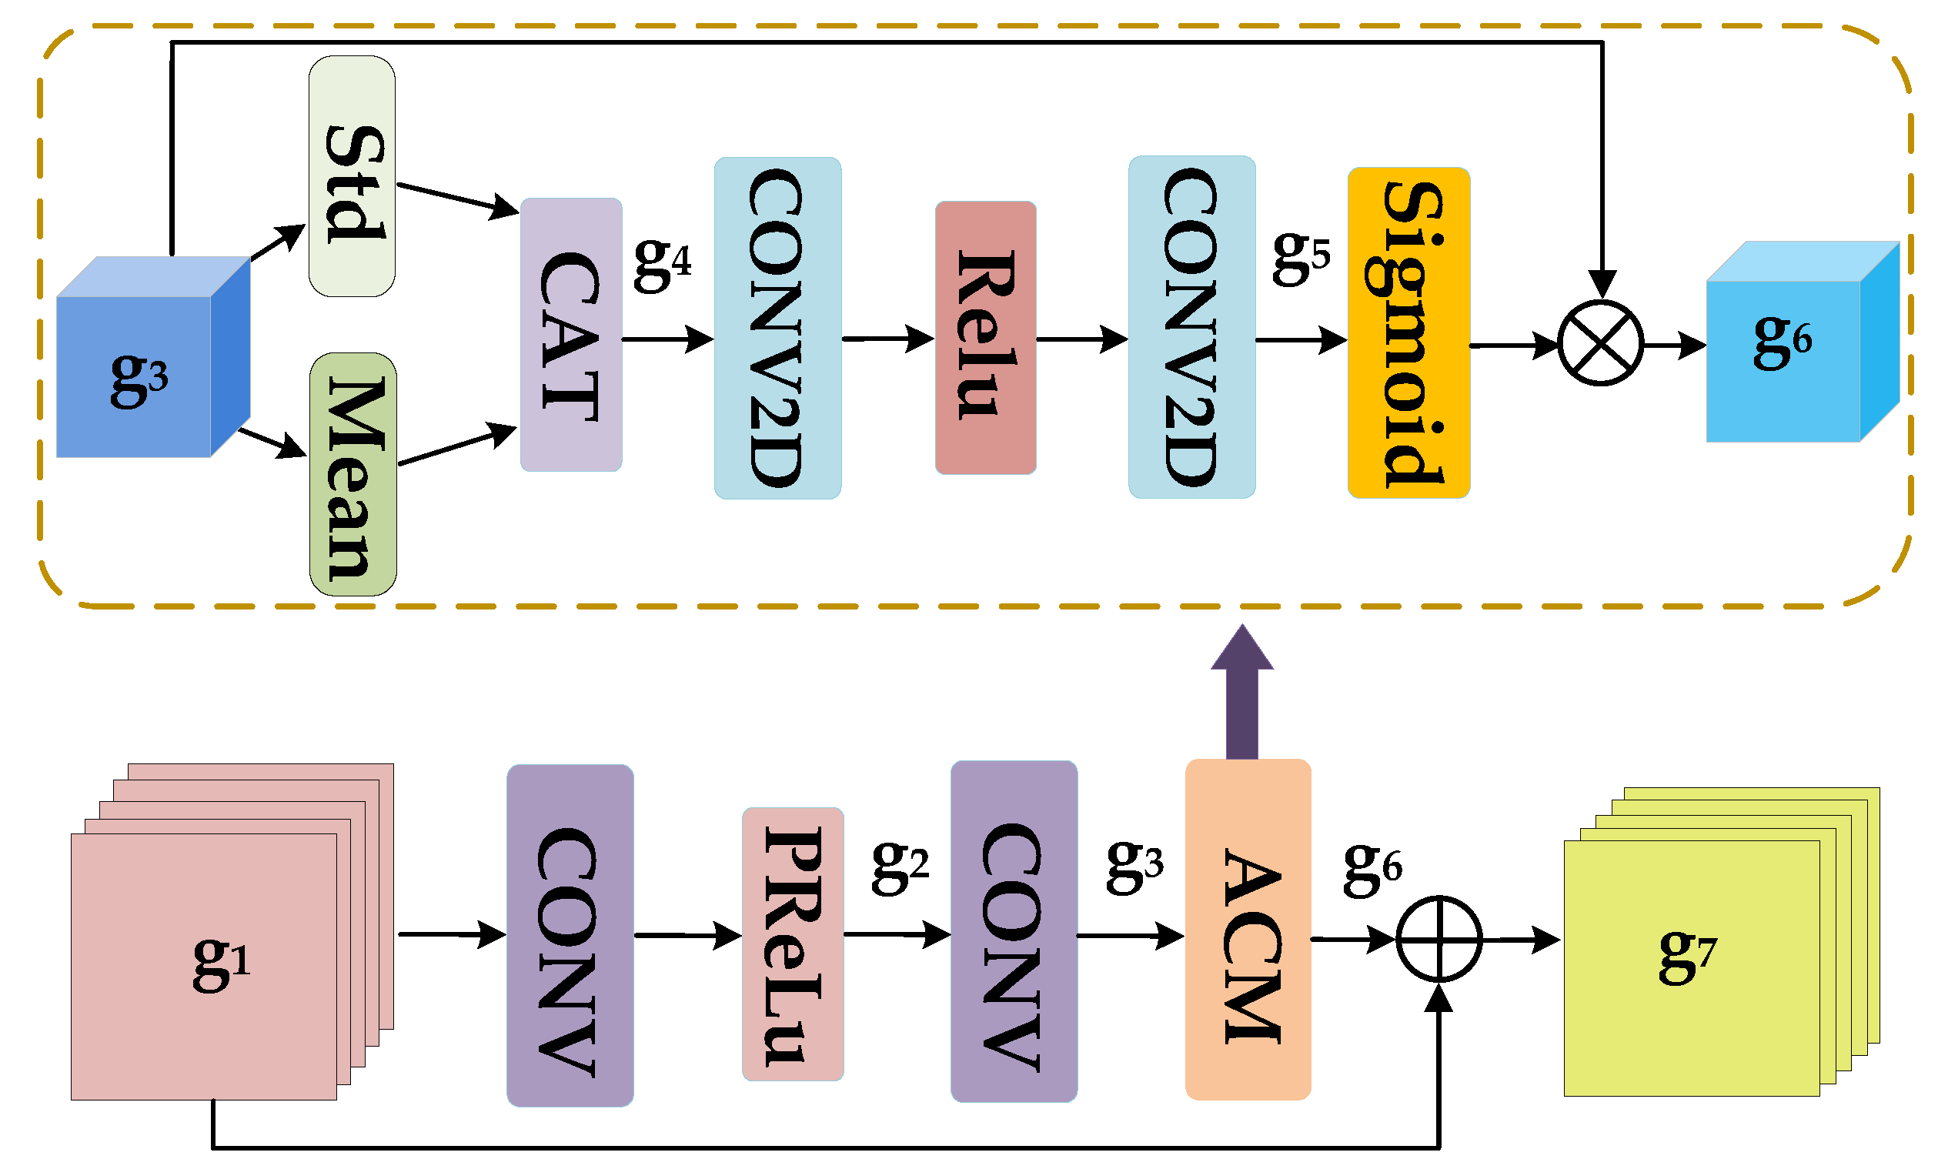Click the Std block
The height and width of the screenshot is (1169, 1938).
tap(352, 176)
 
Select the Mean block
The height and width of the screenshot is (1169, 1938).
tap(353, 474)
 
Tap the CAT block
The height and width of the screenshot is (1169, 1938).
tap(571, 335)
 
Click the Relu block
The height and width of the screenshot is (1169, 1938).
tap(985, 338)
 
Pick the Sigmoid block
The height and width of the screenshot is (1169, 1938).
tap(1408, 332)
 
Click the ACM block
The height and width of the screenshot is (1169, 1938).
tap(1248, 930)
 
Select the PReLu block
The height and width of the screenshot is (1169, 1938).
tap(793, 945)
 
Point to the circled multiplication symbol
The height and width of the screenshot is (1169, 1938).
tap(1601, 343)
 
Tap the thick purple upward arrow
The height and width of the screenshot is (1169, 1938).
tap(1241, 693)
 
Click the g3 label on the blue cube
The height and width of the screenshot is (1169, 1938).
tap(139, 379)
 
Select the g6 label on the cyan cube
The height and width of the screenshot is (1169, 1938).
tap(1783, 341)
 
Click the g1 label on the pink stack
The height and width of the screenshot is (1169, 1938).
tap(221, 962)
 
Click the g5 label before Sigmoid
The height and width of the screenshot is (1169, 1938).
tap(1300, 257)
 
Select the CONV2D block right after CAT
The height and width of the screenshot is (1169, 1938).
tap(777, 328)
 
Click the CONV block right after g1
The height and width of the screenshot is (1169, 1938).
tap(570, 936)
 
